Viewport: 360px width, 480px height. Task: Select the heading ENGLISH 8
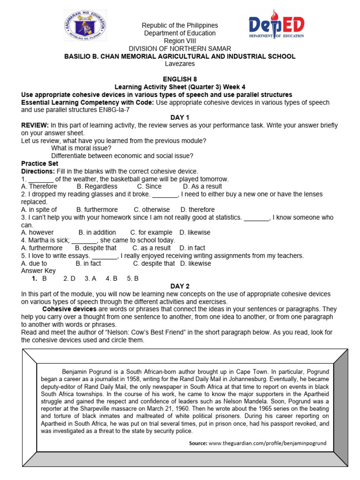(x=180, y=79)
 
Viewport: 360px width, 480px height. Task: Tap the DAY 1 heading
(x=180, y=118)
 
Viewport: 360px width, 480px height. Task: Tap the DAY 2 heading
(x=180, y=286)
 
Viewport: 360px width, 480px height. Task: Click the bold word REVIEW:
(x=35, y=126)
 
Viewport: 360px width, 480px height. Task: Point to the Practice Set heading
(x=40, y=164)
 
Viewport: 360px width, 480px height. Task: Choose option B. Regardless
(x=97, y=187)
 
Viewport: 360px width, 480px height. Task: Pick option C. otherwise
(x=152, y=210)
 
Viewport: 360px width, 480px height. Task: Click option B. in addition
(x=97, y=232)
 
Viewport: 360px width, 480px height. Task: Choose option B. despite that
(x=96, y=248)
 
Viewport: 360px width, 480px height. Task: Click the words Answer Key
(x=38, y=271)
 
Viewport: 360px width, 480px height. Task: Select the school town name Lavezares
(x=180, y=64)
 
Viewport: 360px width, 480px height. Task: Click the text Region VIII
(x=180, y=41)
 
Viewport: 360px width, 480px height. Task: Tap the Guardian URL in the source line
(x=267, y=442)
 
